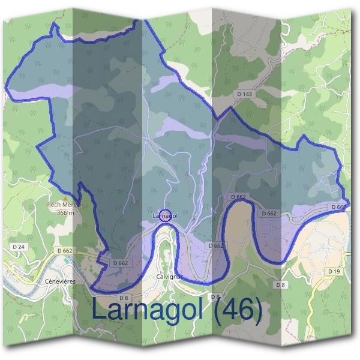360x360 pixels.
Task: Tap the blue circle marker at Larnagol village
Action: point(168,215)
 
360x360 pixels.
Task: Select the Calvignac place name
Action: point(169,277)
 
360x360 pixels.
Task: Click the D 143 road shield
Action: point(244,94)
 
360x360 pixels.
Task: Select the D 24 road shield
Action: point(19,247)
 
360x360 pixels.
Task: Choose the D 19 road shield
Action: point(334,271)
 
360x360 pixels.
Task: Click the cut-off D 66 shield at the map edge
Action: point(338,206)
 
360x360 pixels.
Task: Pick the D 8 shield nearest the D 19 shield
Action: point(280,284)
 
